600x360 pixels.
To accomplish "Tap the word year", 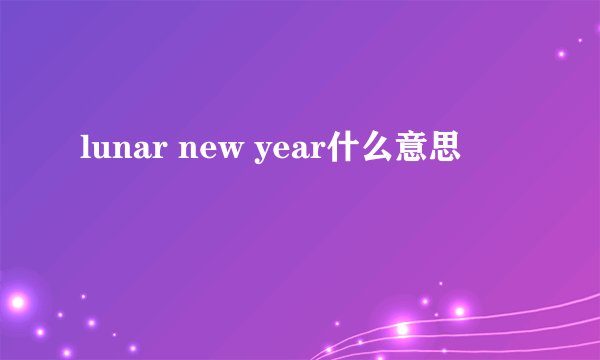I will [284, 154].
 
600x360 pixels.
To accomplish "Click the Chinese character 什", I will [352, 152].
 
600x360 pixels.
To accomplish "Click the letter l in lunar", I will [83, 151].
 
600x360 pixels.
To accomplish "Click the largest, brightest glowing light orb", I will [17, 300].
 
